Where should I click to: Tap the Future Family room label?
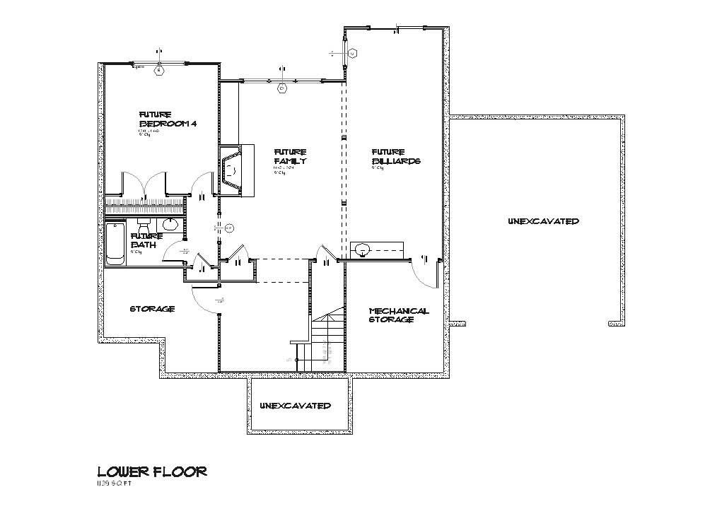[290, 156]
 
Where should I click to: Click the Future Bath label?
[144, 241]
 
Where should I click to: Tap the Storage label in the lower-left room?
[152, 309]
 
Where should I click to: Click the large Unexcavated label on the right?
[543, 221]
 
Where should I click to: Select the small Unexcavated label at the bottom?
[295, 406]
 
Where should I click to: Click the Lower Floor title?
[152, 471]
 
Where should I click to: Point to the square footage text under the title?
[114, 484]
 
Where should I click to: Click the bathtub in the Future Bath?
[115, 244]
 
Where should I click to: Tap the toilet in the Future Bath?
[146, 227]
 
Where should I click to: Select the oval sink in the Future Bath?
[170, 225]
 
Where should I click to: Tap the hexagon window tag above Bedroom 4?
[159, 71]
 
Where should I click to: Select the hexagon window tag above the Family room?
[281, 88]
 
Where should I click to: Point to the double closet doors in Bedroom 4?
[144, 185]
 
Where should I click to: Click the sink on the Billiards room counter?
[362, 248]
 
